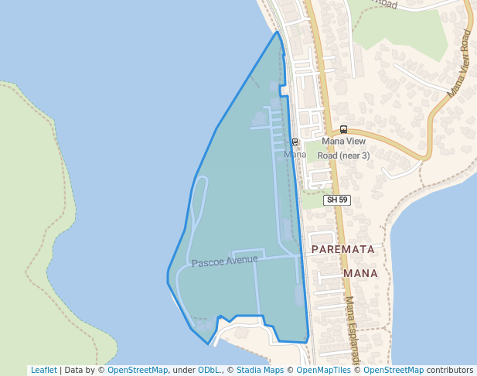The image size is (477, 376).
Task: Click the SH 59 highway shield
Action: (x=337, y=200)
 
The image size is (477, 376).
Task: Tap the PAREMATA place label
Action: (x=342, y=250)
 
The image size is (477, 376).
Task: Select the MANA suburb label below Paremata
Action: (x=360, y=273)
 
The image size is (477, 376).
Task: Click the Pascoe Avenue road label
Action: (x=224, y=261)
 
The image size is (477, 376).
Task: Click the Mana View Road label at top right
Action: (x=458, y=63)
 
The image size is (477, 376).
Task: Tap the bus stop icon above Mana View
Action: (x=343, y=129)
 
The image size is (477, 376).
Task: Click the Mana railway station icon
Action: (x=295, y=142)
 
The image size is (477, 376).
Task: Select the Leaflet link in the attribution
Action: (x=43, y=370)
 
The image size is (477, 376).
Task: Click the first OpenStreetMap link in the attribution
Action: (x=137, y=370)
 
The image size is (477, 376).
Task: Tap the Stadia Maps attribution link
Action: (x=260, y=370)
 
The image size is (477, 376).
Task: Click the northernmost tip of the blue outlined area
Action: (x=277, y=32)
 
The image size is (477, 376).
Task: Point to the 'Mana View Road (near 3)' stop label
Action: (x=343, y=148)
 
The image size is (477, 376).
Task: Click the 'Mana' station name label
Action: (x=295, y=155)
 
